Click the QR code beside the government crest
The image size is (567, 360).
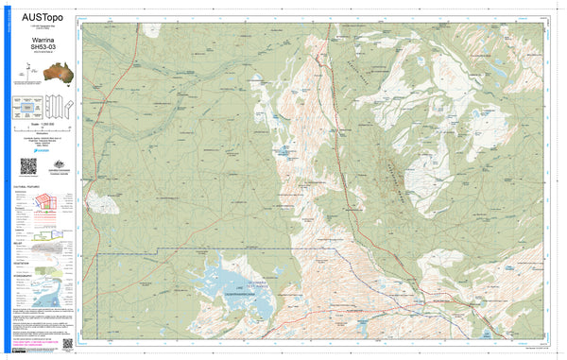tap(28, 167)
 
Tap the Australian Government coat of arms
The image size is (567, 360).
tap(52, 165)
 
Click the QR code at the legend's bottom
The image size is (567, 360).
tap(68, 344)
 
